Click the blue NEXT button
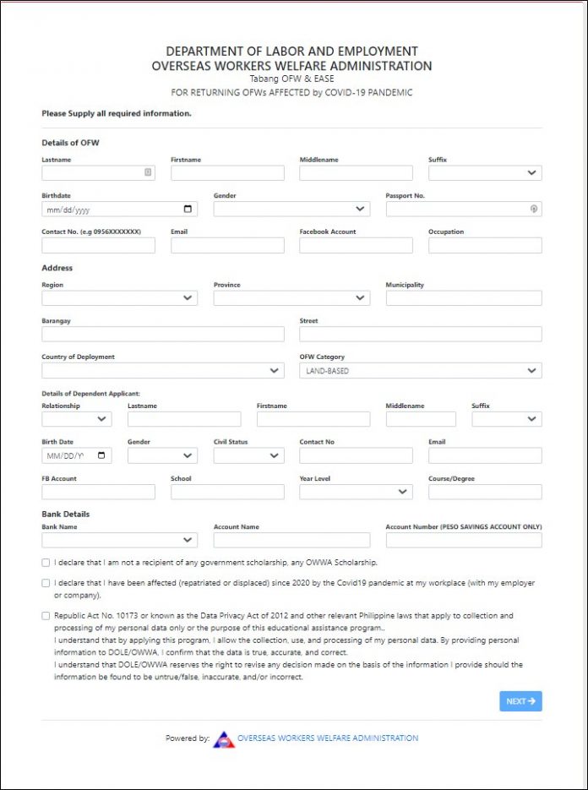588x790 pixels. (x=520, y=701)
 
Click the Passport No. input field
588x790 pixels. (x=456, y=209)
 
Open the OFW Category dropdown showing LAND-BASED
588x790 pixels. (x=420, y=370)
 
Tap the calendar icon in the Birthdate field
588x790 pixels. (x=188, y=209)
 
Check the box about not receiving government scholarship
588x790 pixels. (x=46, y=562)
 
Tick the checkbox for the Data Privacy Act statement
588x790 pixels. (x=46, y=616)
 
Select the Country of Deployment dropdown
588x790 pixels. (x=162, y=370)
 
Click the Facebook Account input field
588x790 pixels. (x=356, y=245)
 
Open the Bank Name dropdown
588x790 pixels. (x=119, y=540)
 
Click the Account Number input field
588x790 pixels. (x=464, y=540)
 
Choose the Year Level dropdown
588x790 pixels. (x=356, y=492)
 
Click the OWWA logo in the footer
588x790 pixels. (x=223, y=738)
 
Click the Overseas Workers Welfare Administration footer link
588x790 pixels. (x=328, y=738)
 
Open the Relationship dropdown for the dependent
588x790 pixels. (x=76, y=419)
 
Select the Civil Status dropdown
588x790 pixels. (x=248, y=455)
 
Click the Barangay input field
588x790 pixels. (x=162, y=334)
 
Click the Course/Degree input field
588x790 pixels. (x=484, y=492)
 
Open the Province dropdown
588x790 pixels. (x=291, y=298)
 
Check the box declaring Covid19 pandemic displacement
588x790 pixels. (x=46, y=583)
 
